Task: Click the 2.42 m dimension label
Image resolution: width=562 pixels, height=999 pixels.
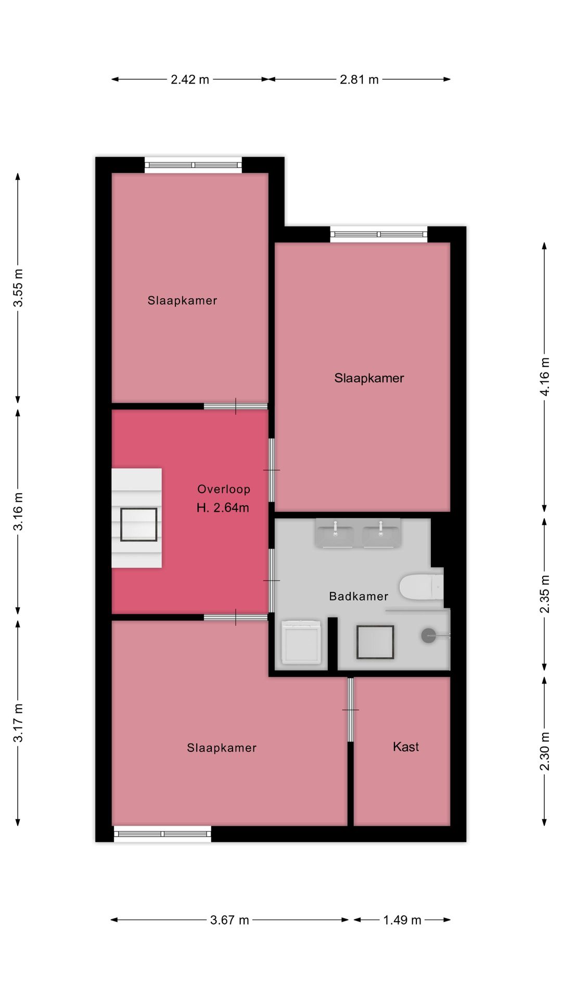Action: pyautogui.click(x=190, y=80)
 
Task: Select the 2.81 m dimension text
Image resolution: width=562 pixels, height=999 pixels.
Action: pyautogui.click(x=359, y=80)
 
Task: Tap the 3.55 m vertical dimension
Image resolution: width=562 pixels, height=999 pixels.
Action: pyautogui.click(x=18, y=288)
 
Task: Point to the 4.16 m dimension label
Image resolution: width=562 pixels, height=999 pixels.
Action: pyautogui.click(x=544, y=377)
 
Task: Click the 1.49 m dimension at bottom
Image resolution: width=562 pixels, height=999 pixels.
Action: pyautogui.click(x=402, y=920)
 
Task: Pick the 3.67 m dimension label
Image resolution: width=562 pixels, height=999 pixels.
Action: pyautogui.click(x=229, y=920)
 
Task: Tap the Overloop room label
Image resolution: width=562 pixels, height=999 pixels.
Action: pyautogui.click(x=224, y=489)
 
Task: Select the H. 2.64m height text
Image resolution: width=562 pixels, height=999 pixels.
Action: pyautogui.click(x=223, y=508)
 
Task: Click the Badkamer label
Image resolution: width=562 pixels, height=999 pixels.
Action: pyautogui.click(x=359, y=596)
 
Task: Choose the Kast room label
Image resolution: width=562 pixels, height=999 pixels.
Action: pyautogui.click(x=406, y=747)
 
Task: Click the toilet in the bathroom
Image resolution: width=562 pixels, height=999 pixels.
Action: pyautogui.click(x=420, y=587)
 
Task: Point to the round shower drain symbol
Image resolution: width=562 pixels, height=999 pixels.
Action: pyautogui.click(x=428, y=635)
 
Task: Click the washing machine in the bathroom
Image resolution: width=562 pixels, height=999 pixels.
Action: pyautogui.click(x=301, y=642)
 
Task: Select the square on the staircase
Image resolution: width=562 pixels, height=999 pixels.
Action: pyautogui.click(x=139, y=524)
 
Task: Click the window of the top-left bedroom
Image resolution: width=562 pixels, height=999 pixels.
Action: pyautogui.click(x=193, y=165)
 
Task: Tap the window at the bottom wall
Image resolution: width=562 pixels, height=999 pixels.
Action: pyautogui.click(x=162, y=834)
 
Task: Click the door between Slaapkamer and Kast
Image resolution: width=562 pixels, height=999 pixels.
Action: pyautogui.click(x=350, y=710)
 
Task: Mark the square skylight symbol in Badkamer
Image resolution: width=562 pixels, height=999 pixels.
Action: pyautogui.click(x=375, y=643)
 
